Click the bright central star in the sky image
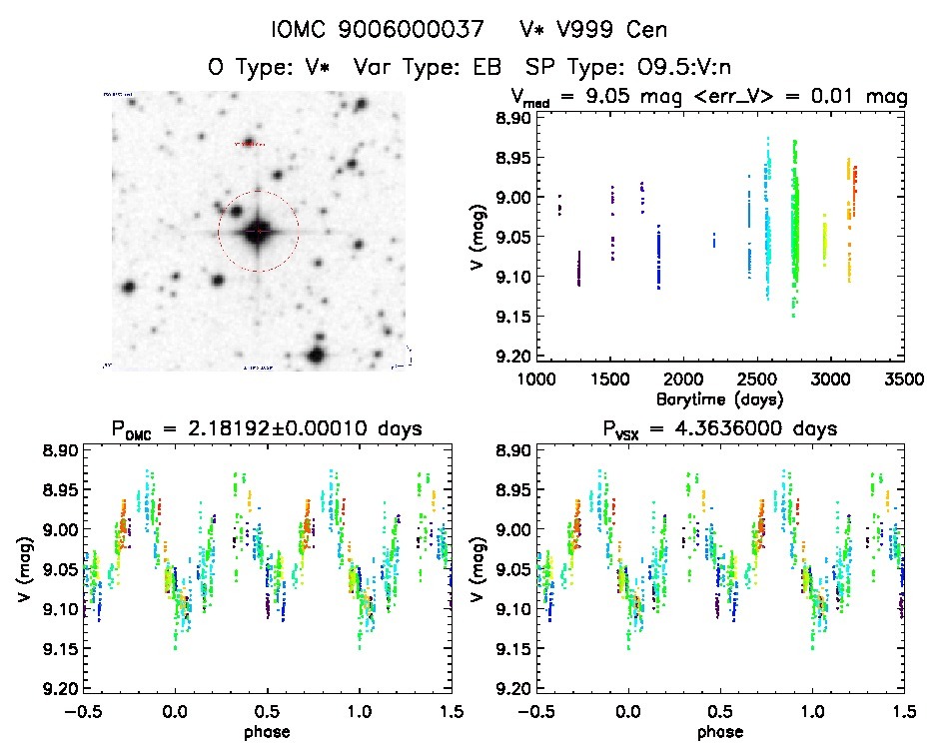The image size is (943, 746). pyautogui.click(x=258, y=231)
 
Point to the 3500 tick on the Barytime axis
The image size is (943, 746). pyautogui.click(x=903, y=380)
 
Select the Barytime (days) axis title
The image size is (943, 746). pyautogui.click(x=719, y=398)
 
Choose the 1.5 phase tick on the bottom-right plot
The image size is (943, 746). pyautogui.click(x=903, y=712)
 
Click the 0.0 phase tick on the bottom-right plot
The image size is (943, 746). pyautogui.click(x=628, y=712)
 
